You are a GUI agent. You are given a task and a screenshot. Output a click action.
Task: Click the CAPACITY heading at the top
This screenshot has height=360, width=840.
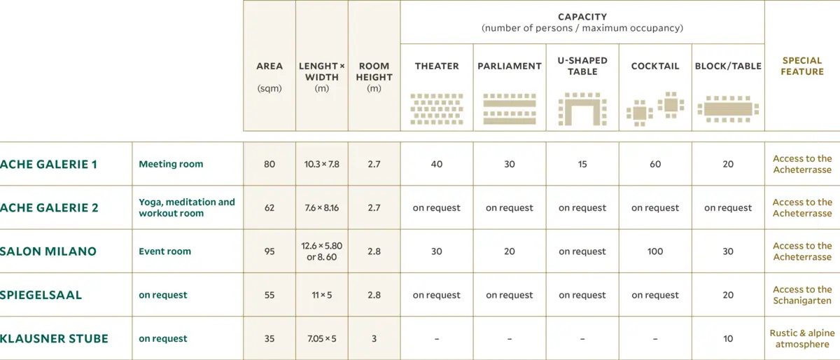click(582, 17)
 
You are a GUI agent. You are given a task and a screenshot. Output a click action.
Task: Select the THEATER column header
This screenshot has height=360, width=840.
click(437, 66)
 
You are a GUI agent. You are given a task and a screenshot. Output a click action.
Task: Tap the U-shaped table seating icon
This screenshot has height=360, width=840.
click(582, 109)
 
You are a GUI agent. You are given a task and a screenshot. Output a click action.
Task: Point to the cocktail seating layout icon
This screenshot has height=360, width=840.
click(655, 109)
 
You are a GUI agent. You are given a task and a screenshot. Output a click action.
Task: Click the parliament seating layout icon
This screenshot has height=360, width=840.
click(510, 109)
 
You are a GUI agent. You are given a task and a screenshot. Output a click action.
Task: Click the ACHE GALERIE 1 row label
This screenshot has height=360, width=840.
click(48, 165)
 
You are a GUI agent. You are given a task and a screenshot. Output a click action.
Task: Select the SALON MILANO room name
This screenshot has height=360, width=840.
click(48, 251)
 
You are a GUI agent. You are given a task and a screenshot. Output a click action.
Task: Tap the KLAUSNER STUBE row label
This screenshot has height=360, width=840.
click(54, 338)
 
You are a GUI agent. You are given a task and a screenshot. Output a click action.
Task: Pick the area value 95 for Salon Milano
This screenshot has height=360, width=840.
click(269, 251)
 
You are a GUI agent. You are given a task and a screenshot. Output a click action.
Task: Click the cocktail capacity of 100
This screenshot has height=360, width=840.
click(655, 251)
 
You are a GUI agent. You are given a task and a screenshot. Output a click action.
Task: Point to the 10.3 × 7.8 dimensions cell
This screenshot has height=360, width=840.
click(321, 165)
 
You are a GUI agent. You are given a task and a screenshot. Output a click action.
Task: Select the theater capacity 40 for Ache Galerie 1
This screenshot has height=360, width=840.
click(437, 165)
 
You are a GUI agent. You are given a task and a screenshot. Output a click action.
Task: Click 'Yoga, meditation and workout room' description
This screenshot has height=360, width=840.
click(187, 208)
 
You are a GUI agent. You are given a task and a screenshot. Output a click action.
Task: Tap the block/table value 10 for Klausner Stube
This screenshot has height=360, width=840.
click(728, 338)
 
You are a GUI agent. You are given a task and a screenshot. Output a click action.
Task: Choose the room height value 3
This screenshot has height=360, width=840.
click(374, 338)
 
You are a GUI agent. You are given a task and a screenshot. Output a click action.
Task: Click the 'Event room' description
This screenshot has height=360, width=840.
click(164, 251)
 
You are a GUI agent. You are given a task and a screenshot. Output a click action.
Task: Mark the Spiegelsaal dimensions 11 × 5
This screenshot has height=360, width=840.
click(321, 295)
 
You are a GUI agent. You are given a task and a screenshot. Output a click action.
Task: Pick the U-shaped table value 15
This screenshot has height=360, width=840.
click(582, 165)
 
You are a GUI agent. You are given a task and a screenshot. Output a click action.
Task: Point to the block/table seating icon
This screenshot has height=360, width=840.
click(728, 109)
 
